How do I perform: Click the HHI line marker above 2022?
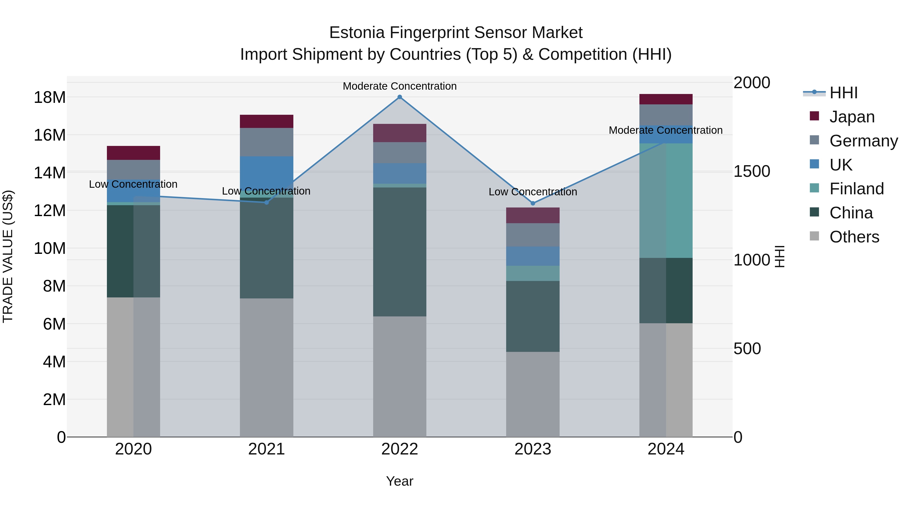[x=400, y=97]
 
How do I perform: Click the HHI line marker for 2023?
[x=533, y=203]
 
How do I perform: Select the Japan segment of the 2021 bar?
[x=267, y=121]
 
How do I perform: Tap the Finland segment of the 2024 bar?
[x=666, y=200]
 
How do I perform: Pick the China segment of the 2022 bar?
[x=400, y=252]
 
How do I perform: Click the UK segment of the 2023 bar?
[x=533, y=256]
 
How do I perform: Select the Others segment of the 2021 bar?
[x=267, y=368]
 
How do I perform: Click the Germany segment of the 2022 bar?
[x=400, y=153]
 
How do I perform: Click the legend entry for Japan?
[x=852, y=117]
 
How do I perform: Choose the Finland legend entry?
[x=857, y=189]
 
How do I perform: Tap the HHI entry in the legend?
[x=843, y=93]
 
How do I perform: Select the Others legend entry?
[x=854, y=237]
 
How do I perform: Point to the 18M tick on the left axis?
[x=50, y=97]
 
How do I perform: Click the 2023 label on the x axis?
[x=533, y=449]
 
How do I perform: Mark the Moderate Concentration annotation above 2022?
[x=400, y=86]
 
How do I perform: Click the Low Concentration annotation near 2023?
[x=533, y=192]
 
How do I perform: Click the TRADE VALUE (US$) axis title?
[x=8, y=256]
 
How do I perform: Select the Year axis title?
[x=400, y=481]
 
